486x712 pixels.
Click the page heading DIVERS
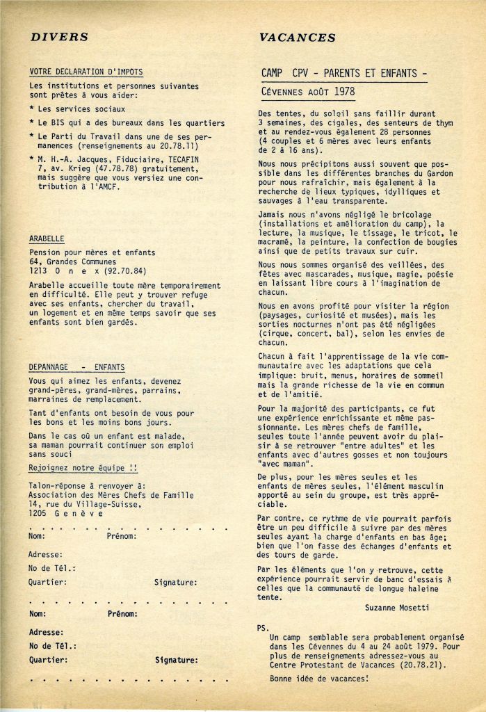tap(59, 37)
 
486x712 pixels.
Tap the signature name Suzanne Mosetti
tap(396, 607)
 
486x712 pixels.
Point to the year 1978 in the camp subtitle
tap(343, 91)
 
